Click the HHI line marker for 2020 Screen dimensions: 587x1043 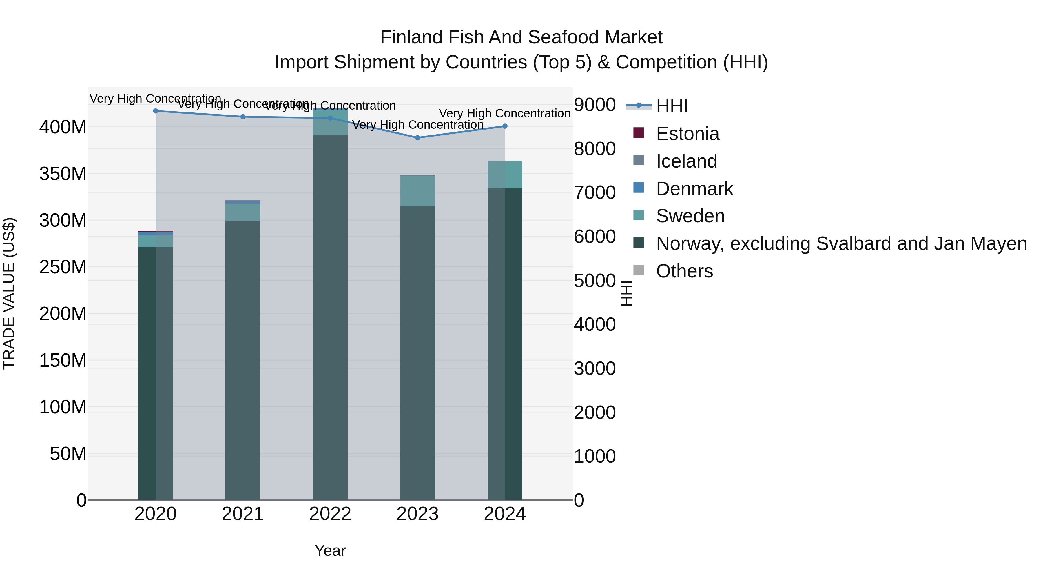(156, 111)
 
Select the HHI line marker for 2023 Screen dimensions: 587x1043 (417, 138)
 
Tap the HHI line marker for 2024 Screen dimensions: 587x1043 (505, 126)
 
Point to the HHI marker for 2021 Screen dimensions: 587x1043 (243, 117)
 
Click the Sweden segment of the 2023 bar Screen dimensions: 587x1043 (417, 191)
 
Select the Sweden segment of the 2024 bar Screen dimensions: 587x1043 (505, 175)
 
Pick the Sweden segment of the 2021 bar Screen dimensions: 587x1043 (243, 212)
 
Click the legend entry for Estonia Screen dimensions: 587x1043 (687, 134)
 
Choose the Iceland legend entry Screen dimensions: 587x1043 (686, 161)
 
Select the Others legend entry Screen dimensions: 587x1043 (684, 271)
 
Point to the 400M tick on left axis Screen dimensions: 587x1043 (63, 127)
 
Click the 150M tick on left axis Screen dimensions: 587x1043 (63, 360)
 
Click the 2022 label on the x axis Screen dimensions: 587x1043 (330, 514)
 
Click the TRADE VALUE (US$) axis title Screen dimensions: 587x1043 (9, 293)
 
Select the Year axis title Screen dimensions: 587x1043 (330, 550)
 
